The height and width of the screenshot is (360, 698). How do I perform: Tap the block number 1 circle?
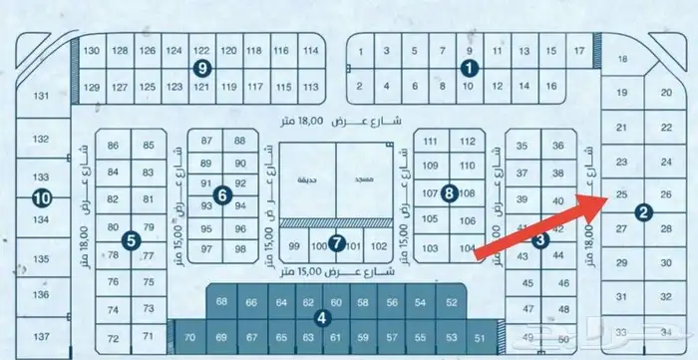click(x=469, y=68)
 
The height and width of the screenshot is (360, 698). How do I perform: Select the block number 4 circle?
click(x=321, y=318)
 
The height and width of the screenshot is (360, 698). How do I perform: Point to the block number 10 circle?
click(x=41, y=197)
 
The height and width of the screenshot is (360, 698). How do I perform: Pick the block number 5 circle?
click(x=131, y=240)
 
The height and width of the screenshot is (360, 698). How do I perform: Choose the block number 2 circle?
click(x=644, y=211)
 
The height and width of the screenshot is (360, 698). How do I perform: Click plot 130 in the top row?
click(x=93, y=51)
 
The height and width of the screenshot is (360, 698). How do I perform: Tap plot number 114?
click(x=310, y=51)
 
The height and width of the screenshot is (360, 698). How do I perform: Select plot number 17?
click(x=579, y=50)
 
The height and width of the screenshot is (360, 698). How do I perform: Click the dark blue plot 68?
click(x=221, y=302)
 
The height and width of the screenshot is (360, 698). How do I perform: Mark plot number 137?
click(x=41, y=335)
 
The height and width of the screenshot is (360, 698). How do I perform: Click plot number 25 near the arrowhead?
click(x=621, y=193)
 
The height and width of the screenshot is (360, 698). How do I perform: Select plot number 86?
click(x=113, y=147)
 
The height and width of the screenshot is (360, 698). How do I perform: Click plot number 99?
click(x=294, y=245)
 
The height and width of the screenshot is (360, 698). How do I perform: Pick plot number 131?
click(x=41, y=96)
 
